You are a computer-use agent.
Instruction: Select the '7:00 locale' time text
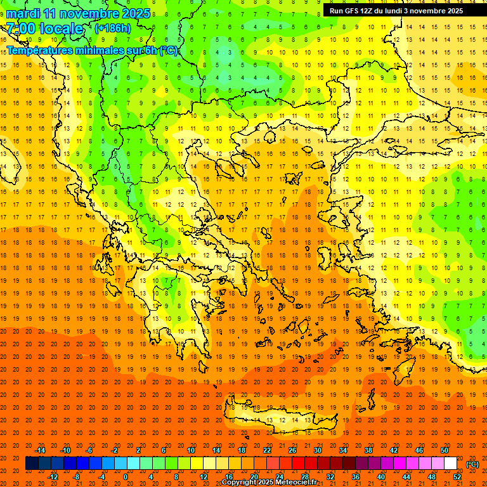click(x=44, y=29)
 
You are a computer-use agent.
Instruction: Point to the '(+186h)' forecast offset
click(x=112, y=29)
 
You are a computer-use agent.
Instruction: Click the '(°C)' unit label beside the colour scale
click(x=472, y=464)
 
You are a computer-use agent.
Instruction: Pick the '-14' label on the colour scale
click(x=40, y=450)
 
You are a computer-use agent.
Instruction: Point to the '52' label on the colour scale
click(x=457, y=477)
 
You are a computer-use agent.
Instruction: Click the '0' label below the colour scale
click(x=126, y=477)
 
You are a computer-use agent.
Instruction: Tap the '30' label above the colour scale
click(x=318, y=450)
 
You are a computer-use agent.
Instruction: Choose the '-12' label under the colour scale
click(x=53, y=477)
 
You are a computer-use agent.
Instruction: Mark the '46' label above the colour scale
click(x=419, y=450)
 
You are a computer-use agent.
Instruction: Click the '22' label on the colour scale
click(x=267, y=450)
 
